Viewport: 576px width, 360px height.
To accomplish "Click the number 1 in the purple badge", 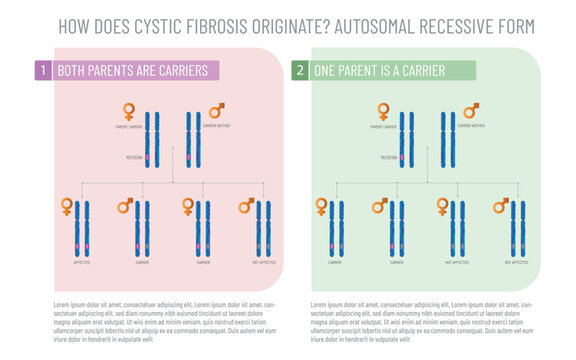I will (x=43, y=70).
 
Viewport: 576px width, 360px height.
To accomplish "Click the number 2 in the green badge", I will (x=299, y=70).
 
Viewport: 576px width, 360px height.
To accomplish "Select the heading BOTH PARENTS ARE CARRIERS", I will (x=132, y=70).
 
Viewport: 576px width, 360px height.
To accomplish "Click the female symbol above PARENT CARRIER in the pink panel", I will (x=129, y=111).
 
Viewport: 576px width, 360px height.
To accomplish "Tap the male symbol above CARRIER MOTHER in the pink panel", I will (x=216, y=110).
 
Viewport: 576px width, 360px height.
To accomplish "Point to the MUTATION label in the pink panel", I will (x=134, y=157).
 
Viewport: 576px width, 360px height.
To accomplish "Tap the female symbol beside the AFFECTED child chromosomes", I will (x=67, y=206).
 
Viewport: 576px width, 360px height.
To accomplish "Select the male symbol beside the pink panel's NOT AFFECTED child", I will (x=246, y=205).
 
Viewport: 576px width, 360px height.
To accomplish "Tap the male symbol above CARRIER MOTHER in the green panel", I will (x=471, y=110).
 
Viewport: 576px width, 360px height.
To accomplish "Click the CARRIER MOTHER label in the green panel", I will (x=470, y=127).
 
